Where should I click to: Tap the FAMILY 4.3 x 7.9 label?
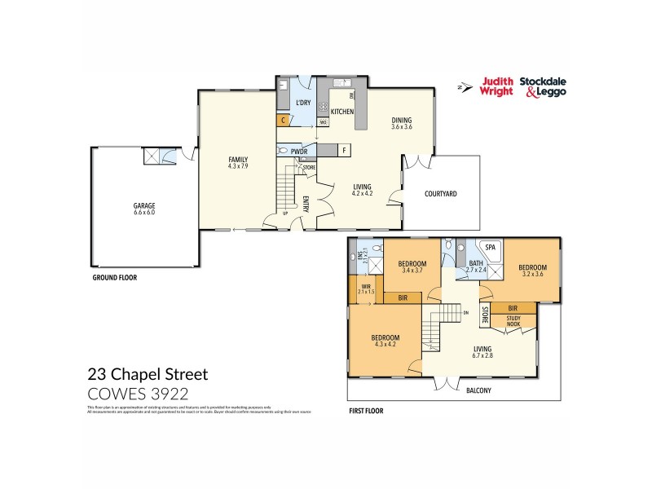point(238,162)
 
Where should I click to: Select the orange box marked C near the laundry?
point(284,120)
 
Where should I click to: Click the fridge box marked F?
point(344,151)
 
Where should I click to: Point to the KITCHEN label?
point(341,112)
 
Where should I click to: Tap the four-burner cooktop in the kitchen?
point(323,108)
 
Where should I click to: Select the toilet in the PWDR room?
point(282,150)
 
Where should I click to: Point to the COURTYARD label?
point(441,194)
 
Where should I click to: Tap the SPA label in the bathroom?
point(491,247)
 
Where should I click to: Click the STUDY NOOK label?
point(513,322)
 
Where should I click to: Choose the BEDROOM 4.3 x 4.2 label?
point(385,341)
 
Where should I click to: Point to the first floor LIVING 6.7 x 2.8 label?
point(483,352)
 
